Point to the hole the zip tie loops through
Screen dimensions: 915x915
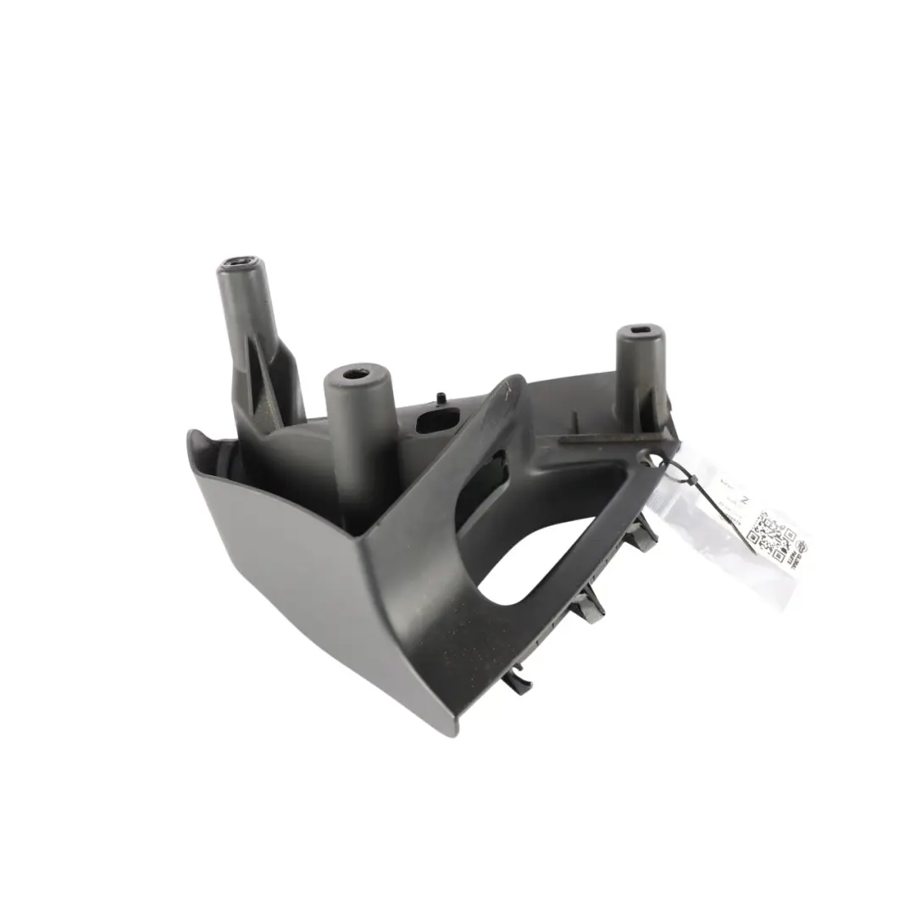point(654,458)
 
